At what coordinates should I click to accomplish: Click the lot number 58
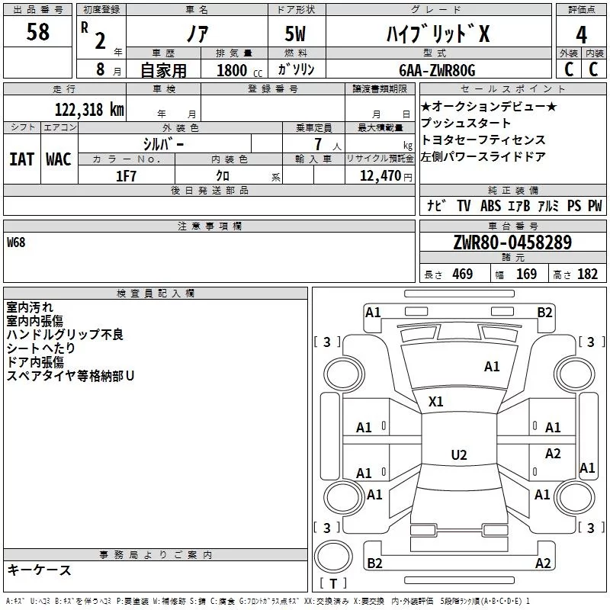37,31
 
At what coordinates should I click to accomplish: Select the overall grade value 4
581,35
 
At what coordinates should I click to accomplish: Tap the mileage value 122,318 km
89,110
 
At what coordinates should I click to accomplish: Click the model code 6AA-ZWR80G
437,70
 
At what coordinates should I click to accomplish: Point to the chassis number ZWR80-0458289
512,242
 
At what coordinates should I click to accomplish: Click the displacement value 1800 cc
239,70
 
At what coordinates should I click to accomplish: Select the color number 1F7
126,176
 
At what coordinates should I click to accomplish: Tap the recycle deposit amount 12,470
380,176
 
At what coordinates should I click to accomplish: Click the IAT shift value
21,159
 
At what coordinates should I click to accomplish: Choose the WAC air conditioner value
59,159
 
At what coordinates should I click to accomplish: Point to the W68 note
16,242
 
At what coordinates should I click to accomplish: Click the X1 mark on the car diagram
435,402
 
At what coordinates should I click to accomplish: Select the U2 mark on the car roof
459,454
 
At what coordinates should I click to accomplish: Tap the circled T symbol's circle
333,557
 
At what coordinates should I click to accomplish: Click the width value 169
526,274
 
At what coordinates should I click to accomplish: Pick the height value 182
587,274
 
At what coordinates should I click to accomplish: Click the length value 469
463,274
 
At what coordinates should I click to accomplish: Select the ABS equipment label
490,206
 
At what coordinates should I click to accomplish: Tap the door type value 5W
295,34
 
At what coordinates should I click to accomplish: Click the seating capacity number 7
318,144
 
